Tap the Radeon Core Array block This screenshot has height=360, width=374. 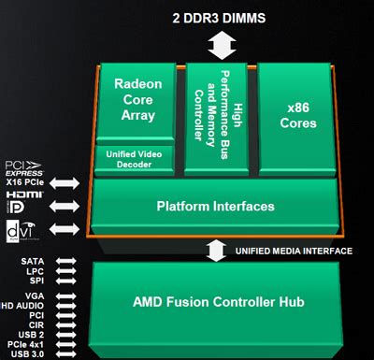(x=138, y=100)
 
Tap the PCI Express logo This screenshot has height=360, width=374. (x=22, y=171)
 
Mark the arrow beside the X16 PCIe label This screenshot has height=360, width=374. (x=66, y=182)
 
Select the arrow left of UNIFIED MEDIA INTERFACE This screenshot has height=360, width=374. (x=216, y=251)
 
